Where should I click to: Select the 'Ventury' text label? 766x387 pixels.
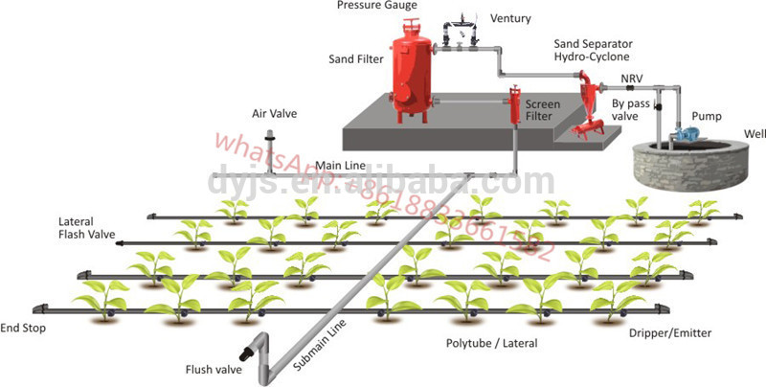click(510, 19)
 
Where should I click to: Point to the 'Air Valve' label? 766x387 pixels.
click(274, 113)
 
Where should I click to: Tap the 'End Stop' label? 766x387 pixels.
click(23, 328)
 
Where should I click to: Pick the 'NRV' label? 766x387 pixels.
click(631, 78)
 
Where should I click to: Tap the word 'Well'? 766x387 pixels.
click(751, 133)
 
